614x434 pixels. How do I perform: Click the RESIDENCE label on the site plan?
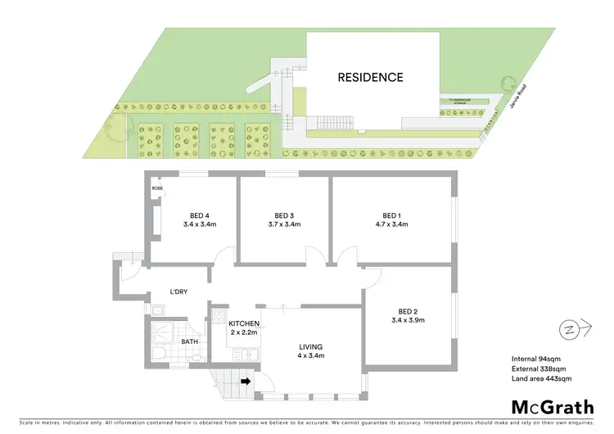(371, 78)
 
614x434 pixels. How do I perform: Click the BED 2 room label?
(408, 311)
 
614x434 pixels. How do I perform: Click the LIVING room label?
(311, 346)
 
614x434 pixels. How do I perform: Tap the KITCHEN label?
(244, 323)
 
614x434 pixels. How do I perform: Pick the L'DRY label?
(180, 292)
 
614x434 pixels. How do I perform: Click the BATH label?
(190, 341)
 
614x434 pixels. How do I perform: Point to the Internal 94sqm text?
(534, 359)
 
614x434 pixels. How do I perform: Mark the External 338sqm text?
(535, 368)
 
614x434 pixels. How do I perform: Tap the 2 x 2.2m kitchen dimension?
(244, 333)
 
